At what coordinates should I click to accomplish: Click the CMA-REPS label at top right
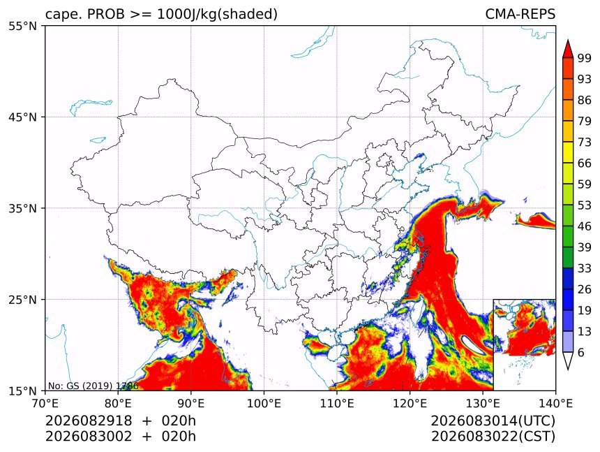(520, 14)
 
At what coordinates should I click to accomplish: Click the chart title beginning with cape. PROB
(161, 14)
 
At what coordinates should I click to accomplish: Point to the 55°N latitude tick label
(23, 26)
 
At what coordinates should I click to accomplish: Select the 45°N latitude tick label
(23, 117)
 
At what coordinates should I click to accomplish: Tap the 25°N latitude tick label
(23, 299)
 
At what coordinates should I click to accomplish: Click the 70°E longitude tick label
(45, 403)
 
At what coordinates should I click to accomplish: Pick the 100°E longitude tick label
(264, 403)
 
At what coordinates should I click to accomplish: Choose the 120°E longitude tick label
(410, 403)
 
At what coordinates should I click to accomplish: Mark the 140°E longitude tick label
(555, 403)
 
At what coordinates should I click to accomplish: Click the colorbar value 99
(585, 58)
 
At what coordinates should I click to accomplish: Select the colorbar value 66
(585, 163)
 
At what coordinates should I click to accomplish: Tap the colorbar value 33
(585, 268)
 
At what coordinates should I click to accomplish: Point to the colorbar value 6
(581, 352)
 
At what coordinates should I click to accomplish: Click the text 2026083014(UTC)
(493, 421)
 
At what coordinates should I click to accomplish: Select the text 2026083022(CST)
(493, 437)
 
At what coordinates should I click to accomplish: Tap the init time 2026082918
(89, 421)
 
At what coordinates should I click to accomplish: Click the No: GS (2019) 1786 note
(93, 386)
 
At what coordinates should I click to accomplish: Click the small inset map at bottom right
(524, 344)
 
